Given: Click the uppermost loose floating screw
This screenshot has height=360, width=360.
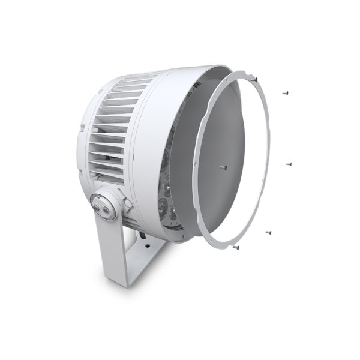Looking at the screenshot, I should (x=286, y=93).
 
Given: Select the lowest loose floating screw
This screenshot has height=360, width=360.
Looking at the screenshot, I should (x=268, y=231).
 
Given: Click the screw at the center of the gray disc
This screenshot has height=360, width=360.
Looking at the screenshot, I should (x=223, y=167).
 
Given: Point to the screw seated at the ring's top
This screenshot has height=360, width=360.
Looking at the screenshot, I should (x=255, y=78).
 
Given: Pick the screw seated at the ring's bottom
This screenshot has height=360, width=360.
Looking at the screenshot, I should (x=236, y=247).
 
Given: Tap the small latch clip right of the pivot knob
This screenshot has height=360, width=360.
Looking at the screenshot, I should (x=128, y=205).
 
